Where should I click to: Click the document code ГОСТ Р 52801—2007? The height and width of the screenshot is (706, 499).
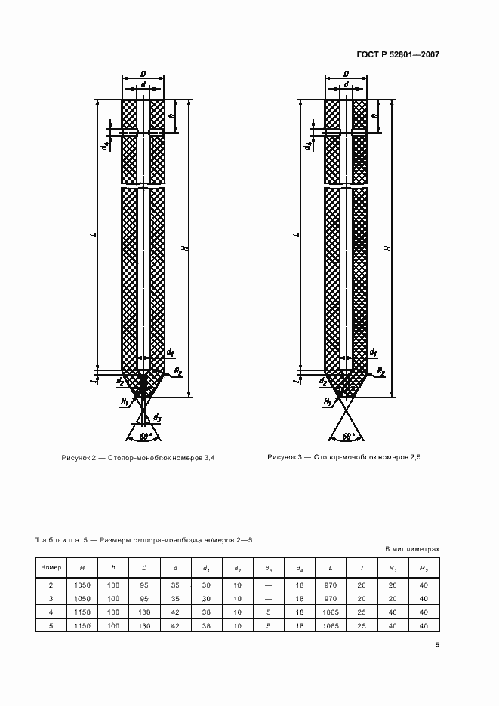pos(398,54)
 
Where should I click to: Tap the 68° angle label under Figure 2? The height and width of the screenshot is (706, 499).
pos(144,436)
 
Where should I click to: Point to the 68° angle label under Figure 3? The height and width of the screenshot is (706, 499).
pos(347,436)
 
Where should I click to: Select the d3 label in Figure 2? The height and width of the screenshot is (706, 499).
pos(157,418)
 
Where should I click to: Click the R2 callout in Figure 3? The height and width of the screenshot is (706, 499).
pos(381,371)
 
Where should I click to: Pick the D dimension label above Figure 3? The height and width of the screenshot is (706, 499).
pos(347,74)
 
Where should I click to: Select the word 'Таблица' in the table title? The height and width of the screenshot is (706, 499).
pos(57,539)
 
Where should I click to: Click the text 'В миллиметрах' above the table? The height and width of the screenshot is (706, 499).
pos(412,549)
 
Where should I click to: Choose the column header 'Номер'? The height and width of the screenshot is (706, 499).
pos(51,567)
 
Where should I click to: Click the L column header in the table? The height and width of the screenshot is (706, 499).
pos(331,568)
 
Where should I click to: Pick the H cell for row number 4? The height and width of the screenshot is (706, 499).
pos(82,612)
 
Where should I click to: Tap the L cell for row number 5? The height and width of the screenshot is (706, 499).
pos(331,626)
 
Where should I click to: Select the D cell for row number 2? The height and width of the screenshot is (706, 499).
pos(144,585)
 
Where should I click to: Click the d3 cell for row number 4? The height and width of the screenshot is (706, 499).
pos(269,612)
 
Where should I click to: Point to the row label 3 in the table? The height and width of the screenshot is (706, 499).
pos(51,599)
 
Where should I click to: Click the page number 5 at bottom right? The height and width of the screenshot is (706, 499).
pos(437,645)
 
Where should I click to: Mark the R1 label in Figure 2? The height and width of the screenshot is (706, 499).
pos(125,401)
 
